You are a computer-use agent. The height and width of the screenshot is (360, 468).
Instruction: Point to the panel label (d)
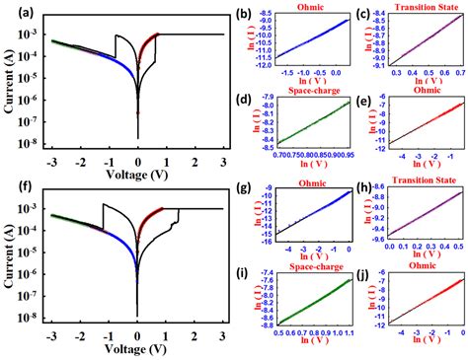[255, 97]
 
